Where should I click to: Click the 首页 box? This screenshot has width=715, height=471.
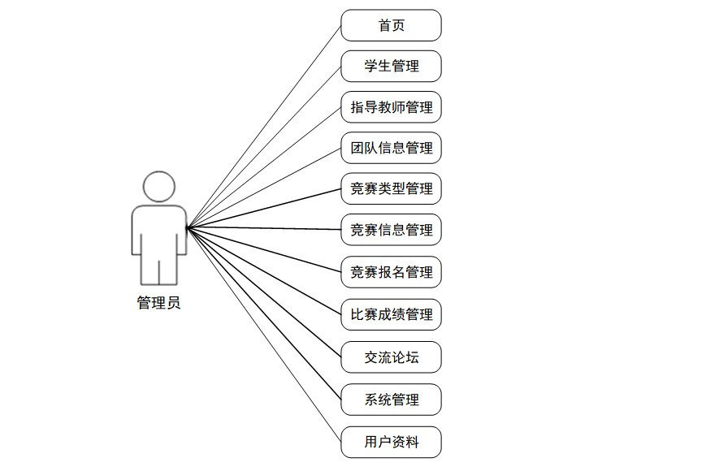[x=391, y=25]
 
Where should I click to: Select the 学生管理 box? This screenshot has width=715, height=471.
[x=391, y=66]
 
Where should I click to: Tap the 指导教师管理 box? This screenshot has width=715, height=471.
[x=391, y=107]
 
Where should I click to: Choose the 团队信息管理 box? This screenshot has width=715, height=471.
[x=391, y=148]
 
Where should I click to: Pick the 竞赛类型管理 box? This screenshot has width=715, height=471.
[x=391, y=188]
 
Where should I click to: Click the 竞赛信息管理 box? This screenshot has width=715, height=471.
[x=391, y=230]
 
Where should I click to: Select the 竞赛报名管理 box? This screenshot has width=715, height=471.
[x=391, y=272]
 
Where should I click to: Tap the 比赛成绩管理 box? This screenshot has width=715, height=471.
[x=391, y=314]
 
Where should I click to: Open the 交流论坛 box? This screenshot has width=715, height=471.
[x=391, y=357]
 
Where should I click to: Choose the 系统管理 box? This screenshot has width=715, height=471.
[x=391, y=400]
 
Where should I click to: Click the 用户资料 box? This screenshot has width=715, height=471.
[x=391, y=443]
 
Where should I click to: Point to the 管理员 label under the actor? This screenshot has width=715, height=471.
[x=158, y=303]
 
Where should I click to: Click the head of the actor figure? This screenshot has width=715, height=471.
[x=159, y=187]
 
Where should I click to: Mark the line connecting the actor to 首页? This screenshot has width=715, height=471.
[x=264, y=126]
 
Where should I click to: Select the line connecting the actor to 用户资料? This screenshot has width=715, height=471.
[x=264, y=335]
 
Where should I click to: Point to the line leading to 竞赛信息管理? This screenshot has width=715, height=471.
[x=264, y=228]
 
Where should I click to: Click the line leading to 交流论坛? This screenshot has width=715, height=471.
[x=264, y=292]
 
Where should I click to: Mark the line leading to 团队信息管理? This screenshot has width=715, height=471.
[x=264, y=188]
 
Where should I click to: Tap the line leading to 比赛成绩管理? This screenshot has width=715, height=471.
[x=264, y=270]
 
